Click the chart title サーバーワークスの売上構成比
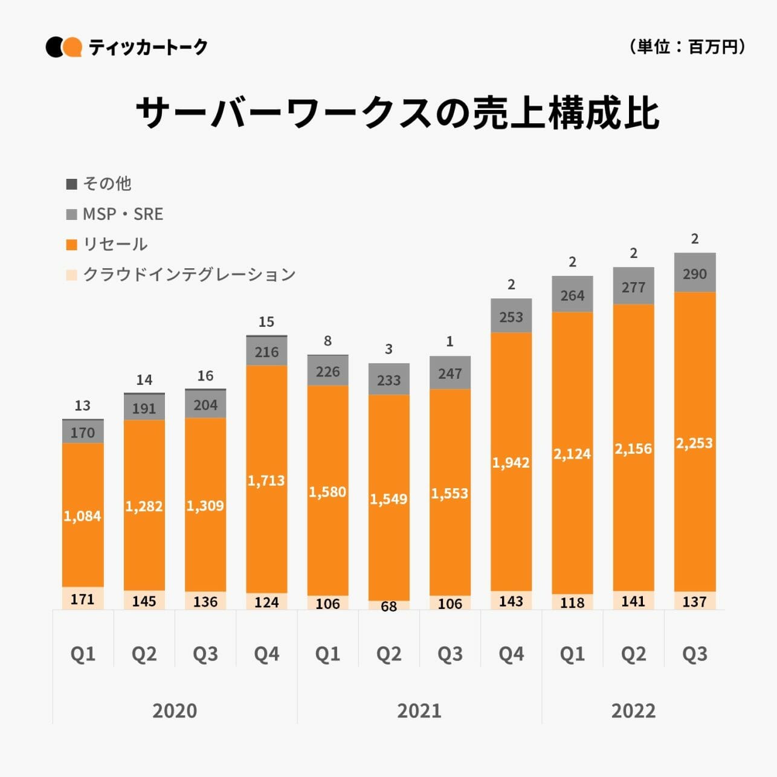397,113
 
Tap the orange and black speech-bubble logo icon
63,47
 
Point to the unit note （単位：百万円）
687,47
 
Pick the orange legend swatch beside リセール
72,245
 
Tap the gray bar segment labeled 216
266,352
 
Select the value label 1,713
266,481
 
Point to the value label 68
389,606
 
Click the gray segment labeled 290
695,274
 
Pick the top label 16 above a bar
205,376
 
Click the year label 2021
419,711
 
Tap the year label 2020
175,711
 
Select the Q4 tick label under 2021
511,654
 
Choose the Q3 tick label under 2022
695,654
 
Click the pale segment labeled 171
83,599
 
